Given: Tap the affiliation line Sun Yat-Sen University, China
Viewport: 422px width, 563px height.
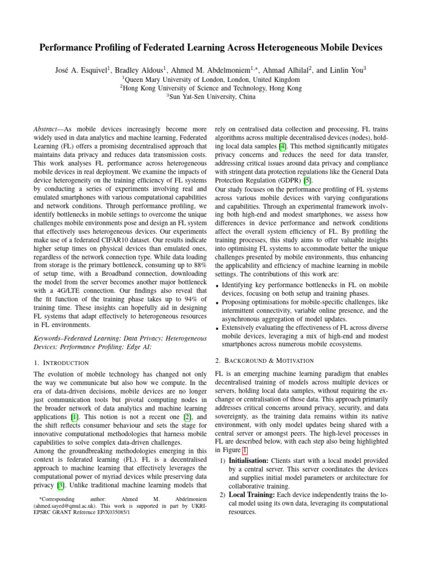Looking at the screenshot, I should [211, 97].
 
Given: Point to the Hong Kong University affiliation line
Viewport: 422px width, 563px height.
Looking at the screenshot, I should [211, 88].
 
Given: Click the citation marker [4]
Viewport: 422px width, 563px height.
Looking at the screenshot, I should [281, 146].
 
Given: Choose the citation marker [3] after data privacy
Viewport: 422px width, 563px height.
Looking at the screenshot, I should [65, 485].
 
